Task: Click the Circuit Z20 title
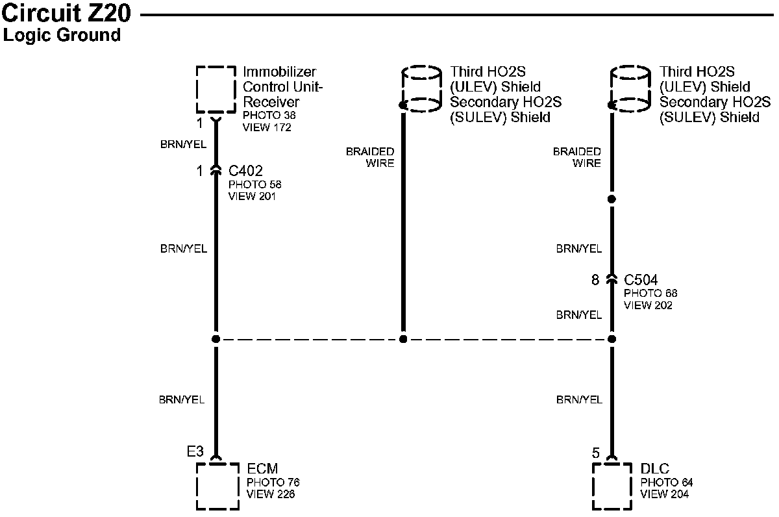[68, 14]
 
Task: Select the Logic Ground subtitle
[62, 35]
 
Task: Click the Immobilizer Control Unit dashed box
[216, 89]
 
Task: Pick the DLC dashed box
[612, 486]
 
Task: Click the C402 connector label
[245, 171]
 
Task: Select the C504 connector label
[641, 281]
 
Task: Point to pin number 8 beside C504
[595, 281]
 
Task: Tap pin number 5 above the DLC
[596, 453]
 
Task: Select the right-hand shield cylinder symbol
[631, 89]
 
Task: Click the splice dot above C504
[612, 198]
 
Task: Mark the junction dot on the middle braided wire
[403, 339]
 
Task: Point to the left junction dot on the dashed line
[216, 339]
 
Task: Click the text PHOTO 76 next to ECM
[273, 483]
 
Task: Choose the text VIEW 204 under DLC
[664, 494]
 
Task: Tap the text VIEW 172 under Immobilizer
[267, 127]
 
